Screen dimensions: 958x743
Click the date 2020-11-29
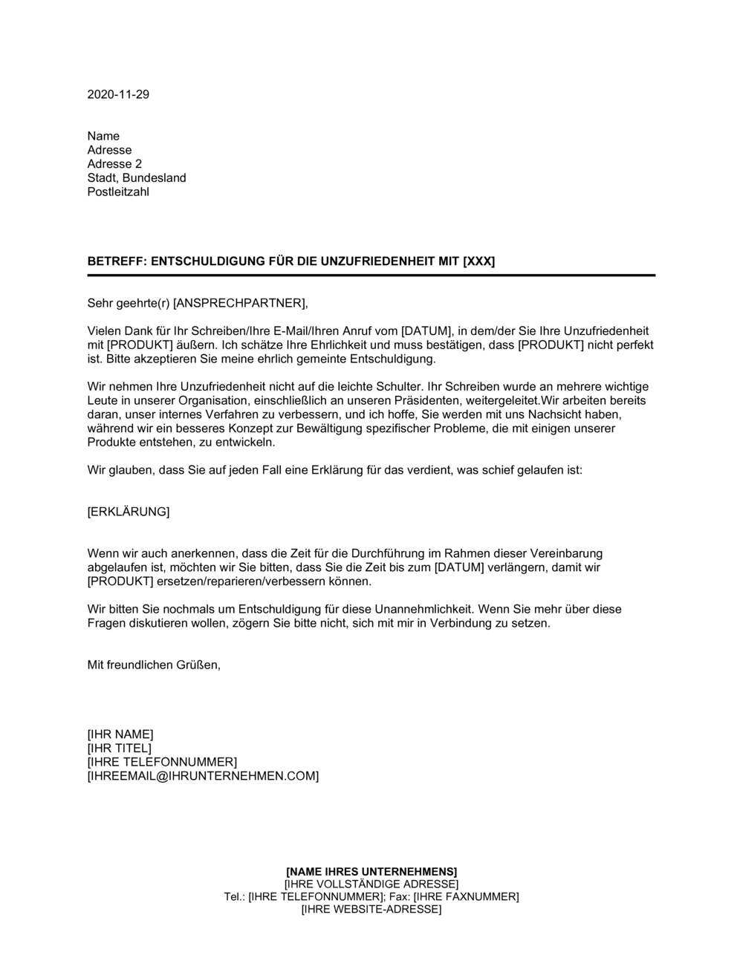click(118, 94)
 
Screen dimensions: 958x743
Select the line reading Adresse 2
click(114, 164)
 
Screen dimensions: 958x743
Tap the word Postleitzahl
click(118, 192)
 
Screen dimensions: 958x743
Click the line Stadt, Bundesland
click(137, 178)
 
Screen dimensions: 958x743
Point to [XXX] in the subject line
click(479, 261)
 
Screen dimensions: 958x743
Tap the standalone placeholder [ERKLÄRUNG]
click(129, 512)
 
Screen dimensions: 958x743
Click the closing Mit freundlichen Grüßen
click(154, 665)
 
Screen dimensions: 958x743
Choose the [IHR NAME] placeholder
click(120, 734)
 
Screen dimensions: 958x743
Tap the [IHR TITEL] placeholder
click(119, 748)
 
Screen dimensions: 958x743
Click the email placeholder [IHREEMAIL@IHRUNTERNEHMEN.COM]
click(203, 776)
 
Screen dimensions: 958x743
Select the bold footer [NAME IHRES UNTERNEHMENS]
click(371, 871)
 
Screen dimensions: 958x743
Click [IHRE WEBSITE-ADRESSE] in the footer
click(371, 909)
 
